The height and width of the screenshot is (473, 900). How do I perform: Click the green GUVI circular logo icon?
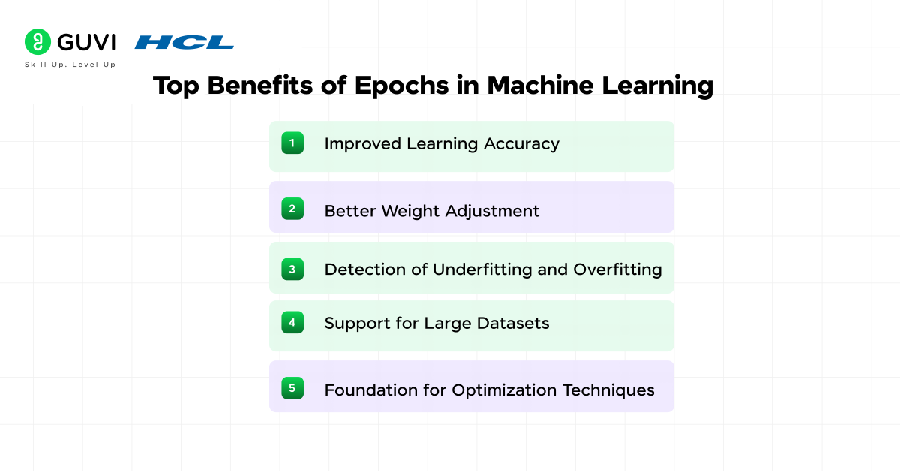(x=37, y=41)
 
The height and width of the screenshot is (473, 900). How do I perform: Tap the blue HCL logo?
(x=184, y=42)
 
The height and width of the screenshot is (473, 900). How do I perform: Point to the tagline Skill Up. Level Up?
(x=70, y=65)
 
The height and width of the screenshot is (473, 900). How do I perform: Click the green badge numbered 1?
(x=292, y=143)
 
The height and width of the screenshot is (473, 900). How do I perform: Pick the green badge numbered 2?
(x=292, y=209)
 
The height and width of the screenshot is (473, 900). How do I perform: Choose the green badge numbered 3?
(x=292, y=269)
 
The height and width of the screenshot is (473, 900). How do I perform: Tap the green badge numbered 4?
(x=292, y=323)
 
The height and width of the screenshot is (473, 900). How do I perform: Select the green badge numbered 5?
(x=292, y=388)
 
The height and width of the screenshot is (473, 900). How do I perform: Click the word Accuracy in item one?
(x=521, y=144)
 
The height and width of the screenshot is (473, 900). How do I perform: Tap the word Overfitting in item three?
(x=617, y=270)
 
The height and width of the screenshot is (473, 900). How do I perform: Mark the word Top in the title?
(x=178, y=86)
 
